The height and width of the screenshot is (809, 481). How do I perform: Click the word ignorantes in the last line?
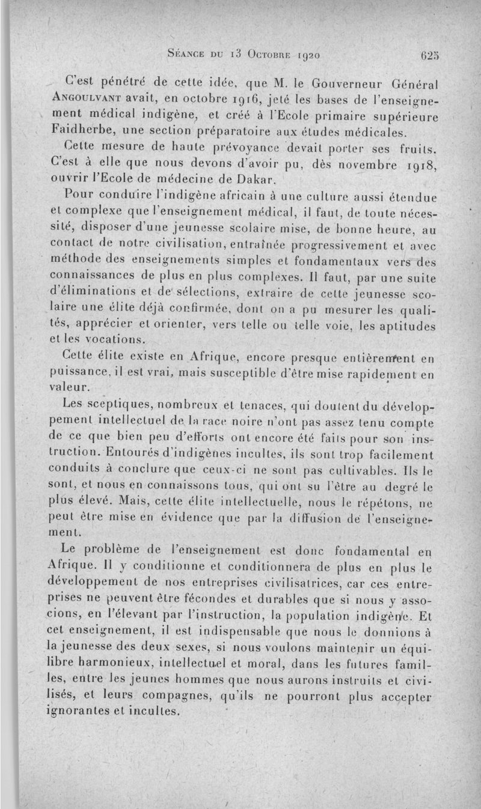81,712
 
